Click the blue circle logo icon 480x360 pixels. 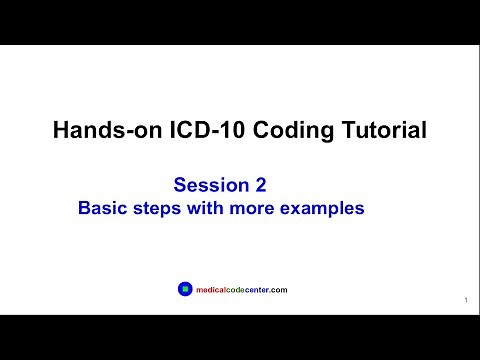(x=183, y=289)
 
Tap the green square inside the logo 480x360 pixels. (x=183, y=289)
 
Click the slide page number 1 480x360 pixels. (x=466, y=300)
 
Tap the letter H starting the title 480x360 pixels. (x=58, y=130)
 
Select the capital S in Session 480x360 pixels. (x=180, y=185)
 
